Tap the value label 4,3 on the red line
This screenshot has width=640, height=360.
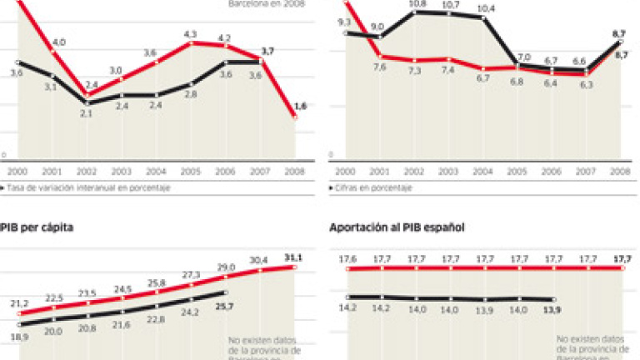(190, 33)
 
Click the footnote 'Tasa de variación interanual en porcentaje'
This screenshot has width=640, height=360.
(90, 188)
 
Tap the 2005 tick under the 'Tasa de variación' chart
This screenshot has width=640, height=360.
(190, 171)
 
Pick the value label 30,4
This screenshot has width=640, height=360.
(258, 260)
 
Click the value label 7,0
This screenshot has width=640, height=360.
(524, 57)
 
